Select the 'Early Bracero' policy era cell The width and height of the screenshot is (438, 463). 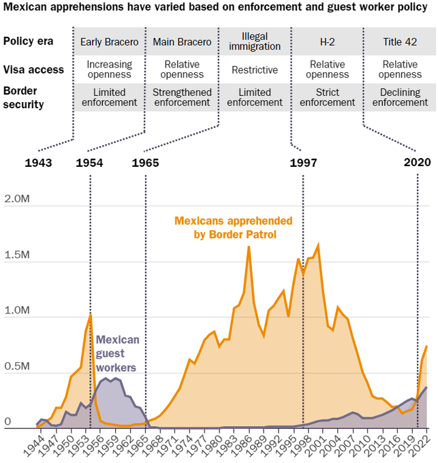[109, 42]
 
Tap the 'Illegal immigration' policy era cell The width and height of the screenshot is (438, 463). [255, 41]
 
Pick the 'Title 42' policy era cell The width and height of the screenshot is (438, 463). [400, 42]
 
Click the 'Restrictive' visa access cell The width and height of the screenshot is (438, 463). [255, 70]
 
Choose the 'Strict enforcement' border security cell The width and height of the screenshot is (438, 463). [328, 97]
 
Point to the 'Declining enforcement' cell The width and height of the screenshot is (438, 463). [400, 97]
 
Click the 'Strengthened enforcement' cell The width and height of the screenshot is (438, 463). [182, 97]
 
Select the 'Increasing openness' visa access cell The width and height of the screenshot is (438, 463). [109, 69]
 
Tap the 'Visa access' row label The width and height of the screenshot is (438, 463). [33, 69]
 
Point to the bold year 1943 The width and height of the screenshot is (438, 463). [40, 163]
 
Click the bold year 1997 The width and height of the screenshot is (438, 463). [304, 163]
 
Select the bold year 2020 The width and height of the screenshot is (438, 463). [417, 163]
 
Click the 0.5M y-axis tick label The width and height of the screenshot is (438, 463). [16, 367]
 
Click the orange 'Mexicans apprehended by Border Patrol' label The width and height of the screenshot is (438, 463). [234, 227]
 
